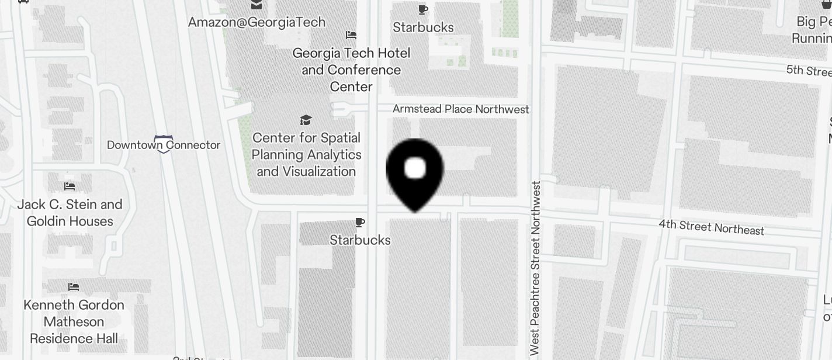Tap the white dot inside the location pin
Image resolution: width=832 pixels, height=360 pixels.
tap(415, 168)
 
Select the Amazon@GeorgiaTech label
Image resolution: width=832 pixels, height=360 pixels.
tap(256, 22)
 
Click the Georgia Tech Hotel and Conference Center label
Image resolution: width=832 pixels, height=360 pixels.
tap(351, 70)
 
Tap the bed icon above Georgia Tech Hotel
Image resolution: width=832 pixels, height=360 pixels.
tap(351, 35)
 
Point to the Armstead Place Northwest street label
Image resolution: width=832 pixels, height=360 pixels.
tap(460, 109)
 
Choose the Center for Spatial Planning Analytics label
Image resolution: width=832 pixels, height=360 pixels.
tap(306, 154)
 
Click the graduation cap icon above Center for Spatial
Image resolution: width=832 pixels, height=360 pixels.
tap(306, 120)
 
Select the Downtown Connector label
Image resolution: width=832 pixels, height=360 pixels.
tap(164, 145)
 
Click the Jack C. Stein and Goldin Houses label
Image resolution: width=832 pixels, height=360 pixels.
tap(70, 213)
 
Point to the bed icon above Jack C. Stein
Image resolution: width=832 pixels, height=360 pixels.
tap(70, 186)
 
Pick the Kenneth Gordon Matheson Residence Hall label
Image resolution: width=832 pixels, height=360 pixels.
tap(74, 321)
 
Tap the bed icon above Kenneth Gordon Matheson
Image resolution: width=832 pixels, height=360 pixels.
tap(74, 287)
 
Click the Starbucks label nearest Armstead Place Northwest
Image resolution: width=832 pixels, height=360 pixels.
tap(423, 27)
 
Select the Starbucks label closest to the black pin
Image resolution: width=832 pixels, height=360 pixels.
tap(360, 240)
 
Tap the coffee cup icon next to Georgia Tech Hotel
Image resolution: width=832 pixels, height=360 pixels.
tap(423, 9)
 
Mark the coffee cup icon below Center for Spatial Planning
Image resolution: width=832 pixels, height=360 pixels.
tap(360, 222)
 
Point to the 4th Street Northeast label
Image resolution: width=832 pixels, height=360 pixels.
tap(711, 227)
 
